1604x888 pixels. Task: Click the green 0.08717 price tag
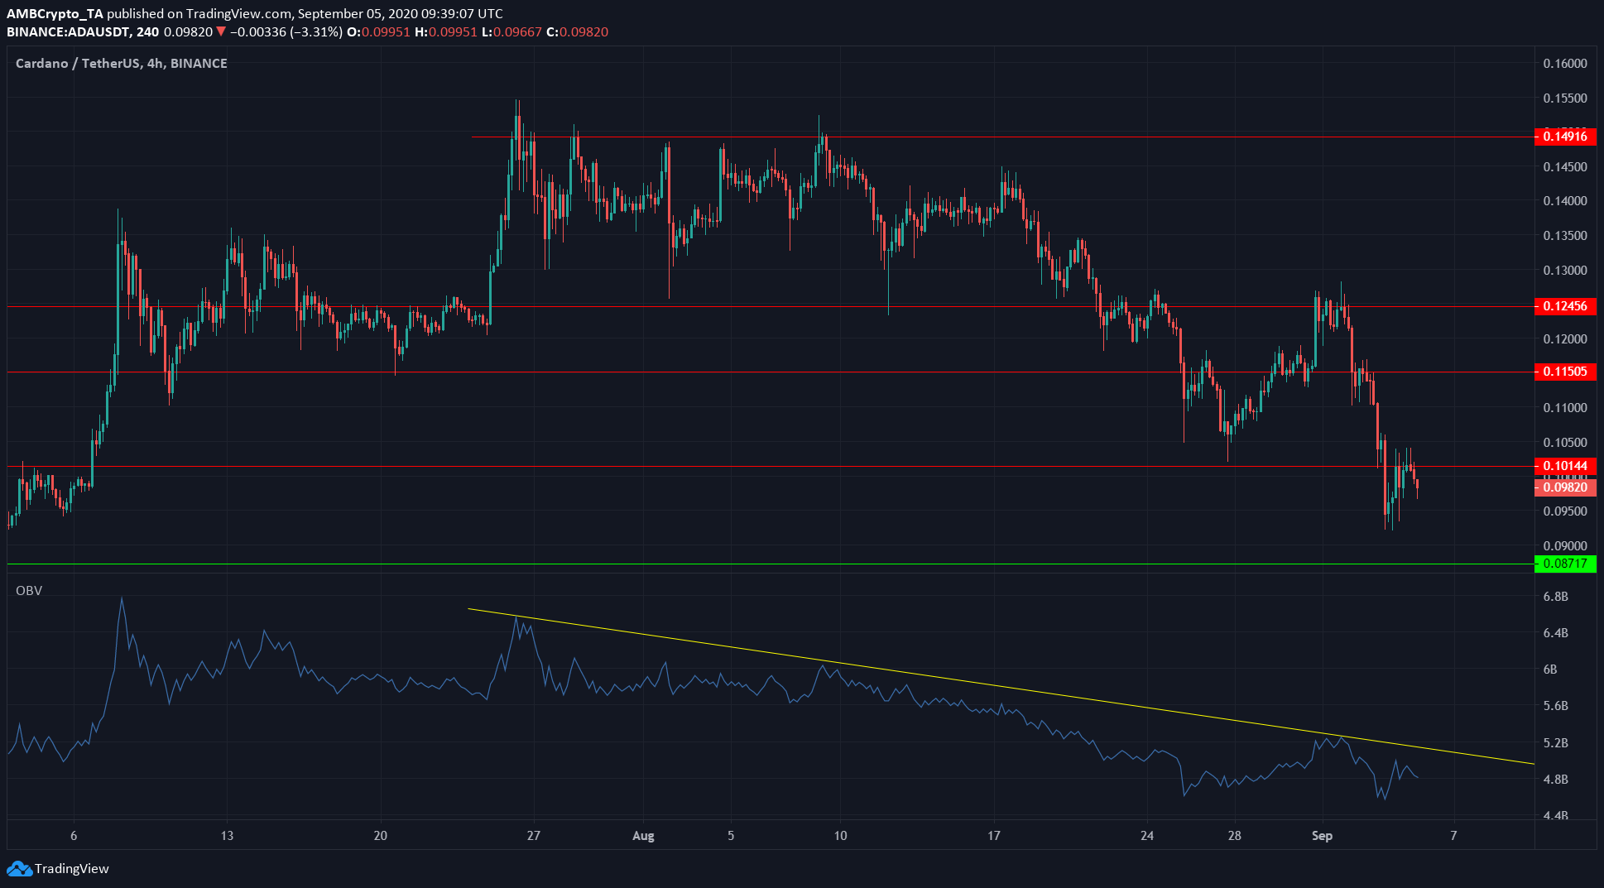click(1564, 564)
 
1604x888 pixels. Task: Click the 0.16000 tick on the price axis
click(1564, 64)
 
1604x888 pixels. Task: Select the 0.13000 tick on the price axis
click(1564, 271)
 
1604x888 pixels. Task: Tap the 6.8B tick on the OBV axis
click(1556, 597)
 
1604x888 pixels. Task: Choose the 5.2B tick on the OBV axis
click(1556, 743)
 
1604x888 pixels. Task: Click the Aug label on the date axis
click(643, 836)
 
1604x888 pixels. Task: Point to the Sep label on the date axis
click(1322, 836)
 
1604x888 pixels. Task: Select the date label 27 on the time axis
click(534, 836)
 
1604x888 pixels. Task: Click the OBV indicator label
click(29, 591)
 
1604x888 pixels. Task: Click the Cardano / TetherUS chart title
click(121, 64)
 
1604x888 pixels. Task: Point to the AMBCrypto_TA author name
click(55, 13)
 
